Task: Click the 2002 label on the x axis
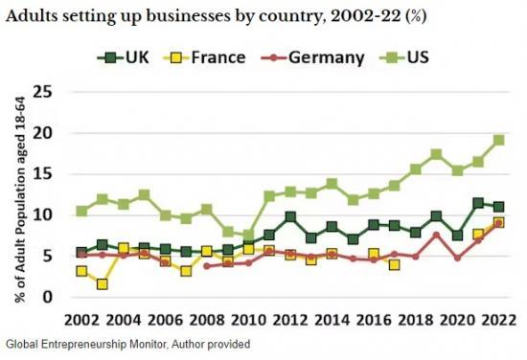pyautogui.click(x=82, y=318)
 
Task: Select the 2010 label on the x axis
pyautogui.click(x=249, y=318)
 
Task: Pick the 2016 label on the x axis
pyautogui.click(x=374, y=318)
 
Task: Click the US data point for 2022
pyautogui.click(x=498, y=140)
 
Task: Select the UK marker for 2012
pyautogui.click(x=290, y=217)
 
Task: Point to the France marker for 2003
pyautogui.click(x=103, y=284)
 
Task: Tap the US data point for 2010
pyautogui.click(x=249, y=236)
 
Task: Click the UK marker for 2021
pyautogui.click(x=478, y=203)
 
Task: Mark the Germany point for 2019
pyautogui.click(x=436, y=236)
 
